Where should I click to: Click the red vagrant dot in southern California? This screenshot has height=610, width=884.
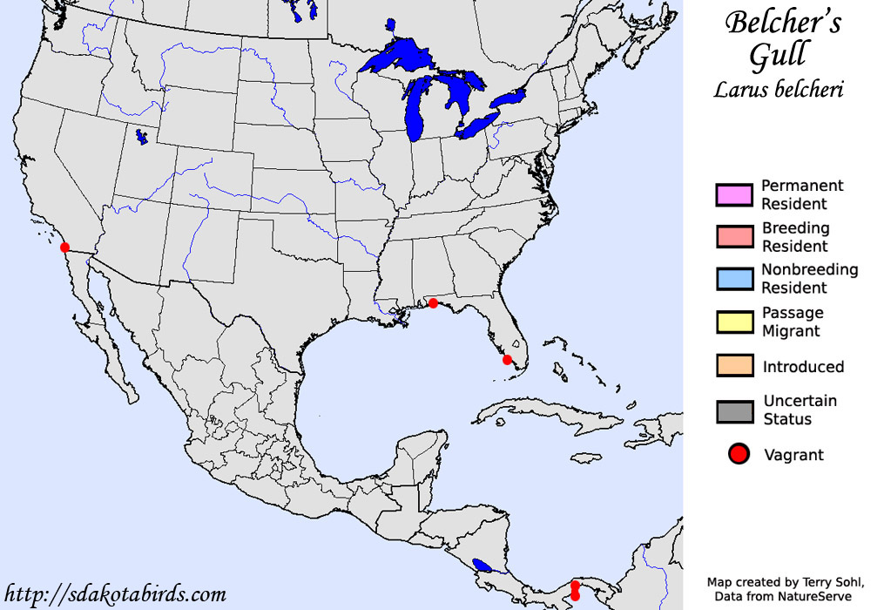pyautogui.click(x=64, y=247)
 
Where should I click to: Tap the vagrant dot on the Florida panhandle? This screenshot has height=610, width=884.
pyautogui.click(x=433, y=303)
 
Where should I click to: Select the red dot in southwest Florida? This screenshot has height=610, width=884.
pyautogui.click(x=508, y=359)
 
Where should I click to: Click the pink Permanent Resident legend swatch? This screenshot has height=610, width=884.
pyautogui.click(x=732, y=195)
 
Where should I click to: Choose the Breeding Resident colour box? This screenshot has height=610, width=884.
pyautogui.click(x=732, y=237)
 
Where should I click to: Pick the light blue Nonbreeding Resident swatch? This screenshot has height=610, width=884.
pyautogui.click(x=732, y=279)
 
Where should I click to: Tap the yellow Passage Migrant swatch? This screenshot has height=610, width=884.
pyautogui.click(x=732, y=322)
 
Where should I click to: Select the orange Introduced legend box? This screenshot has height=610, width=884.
pyautogui.click(x=732, y=366)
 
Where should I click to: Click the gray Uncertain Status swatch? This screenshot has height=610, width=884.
pyautogui.click(x=732, y=410)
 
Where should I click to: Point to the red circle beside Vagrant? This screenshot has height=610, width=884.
pyautogui.click(x=738, y=454)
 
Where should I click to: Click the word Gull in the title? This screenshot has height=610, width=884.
pyautogui.click(x=779, y=54)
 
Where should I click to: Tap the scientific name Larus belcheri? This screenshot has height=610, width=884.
pyautogui.click(x=778, y=89)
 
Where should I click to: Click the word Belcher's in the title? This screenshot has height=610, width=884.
pyautogui.click(x=783, y=23)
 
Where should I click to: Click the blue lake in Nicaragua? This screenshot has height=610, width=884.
pyautogui.click(x=481, y=566)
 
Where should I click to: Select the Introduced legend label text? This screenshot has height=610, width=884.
pyautogui.click(x=803, y=367)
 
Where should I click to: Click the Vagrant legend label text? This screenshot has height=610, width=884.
pyautogui.click(x=793, y=455)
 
